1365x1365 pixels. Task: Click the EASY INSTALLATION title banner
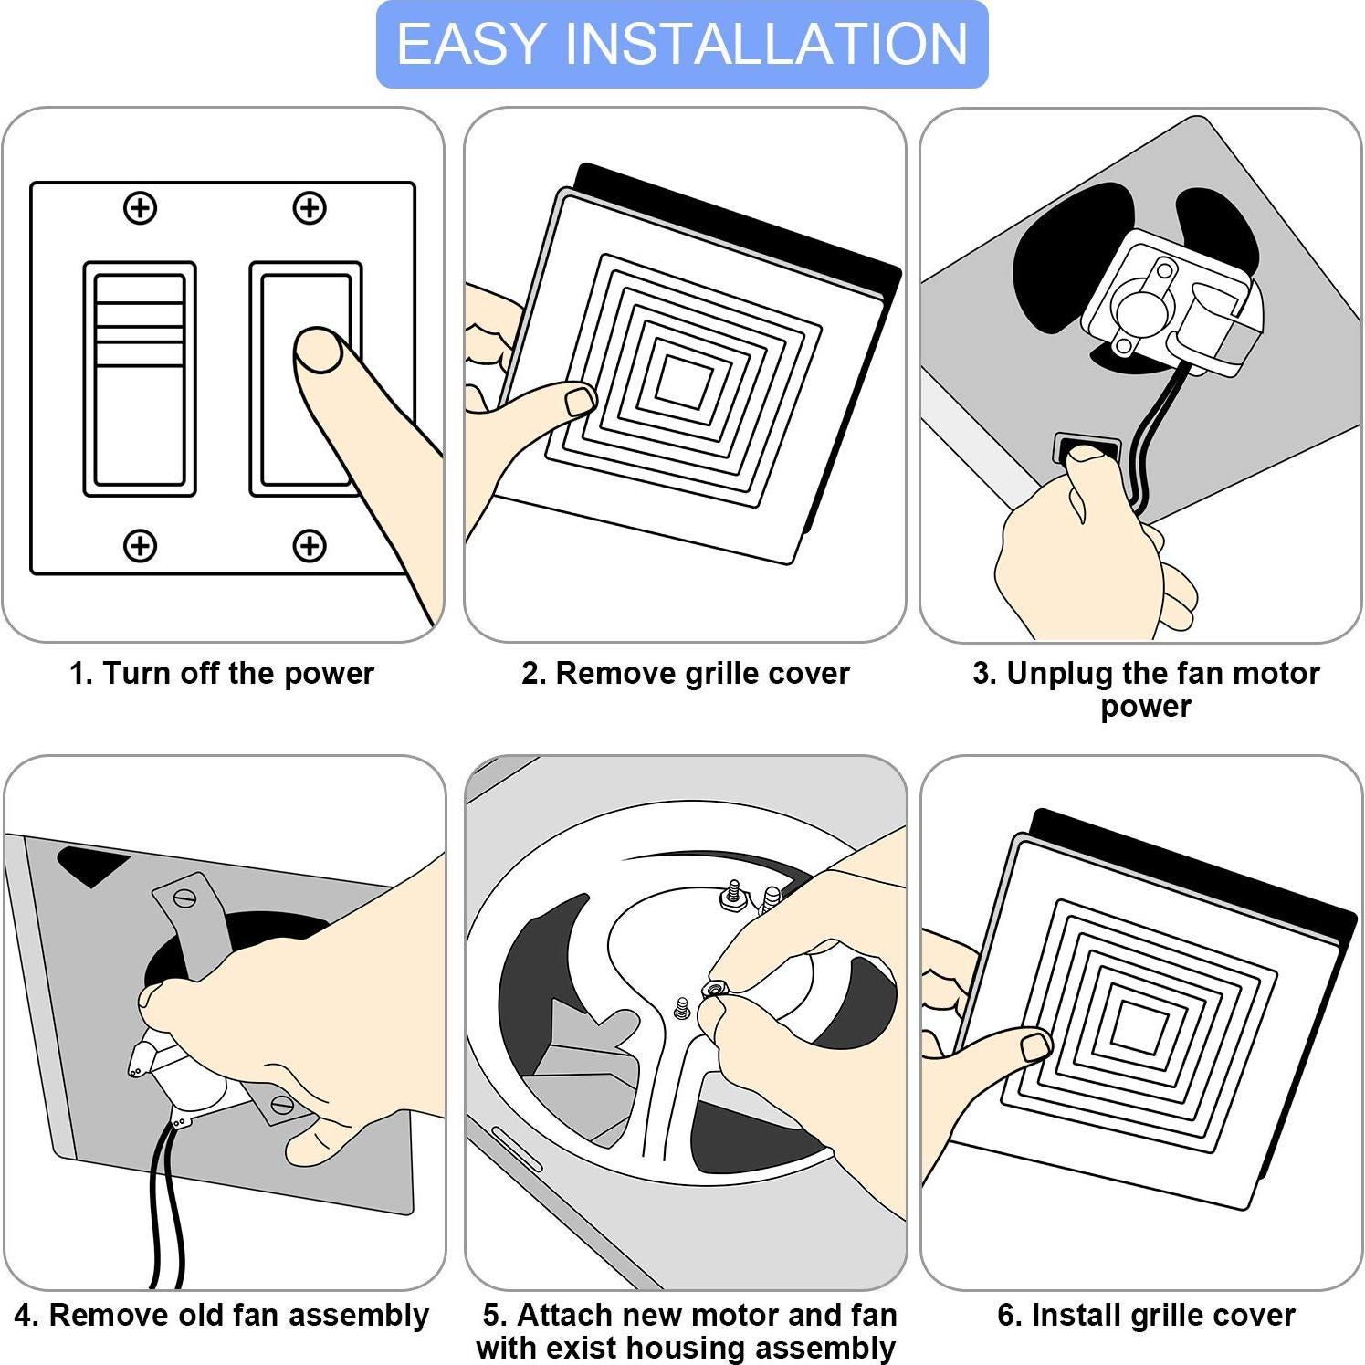point(682,44)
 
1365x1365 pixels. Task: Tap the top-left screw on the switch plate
point(140,208)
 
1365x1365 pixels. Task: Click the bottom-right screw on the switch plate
point(310,546)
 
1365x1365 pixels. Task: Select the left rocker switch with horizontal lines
point(140,379)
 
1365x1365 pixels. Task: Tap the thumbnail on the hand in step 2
point(580,400)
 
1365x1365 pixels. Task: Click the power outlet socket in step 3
point(1087,448)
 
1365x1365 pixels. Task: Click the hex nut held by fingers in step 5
point(714,989)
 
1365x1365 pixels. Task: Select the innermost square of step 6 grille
point(1138,1026)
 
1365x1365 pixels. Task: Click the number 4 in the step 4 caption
point(25,1316)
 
